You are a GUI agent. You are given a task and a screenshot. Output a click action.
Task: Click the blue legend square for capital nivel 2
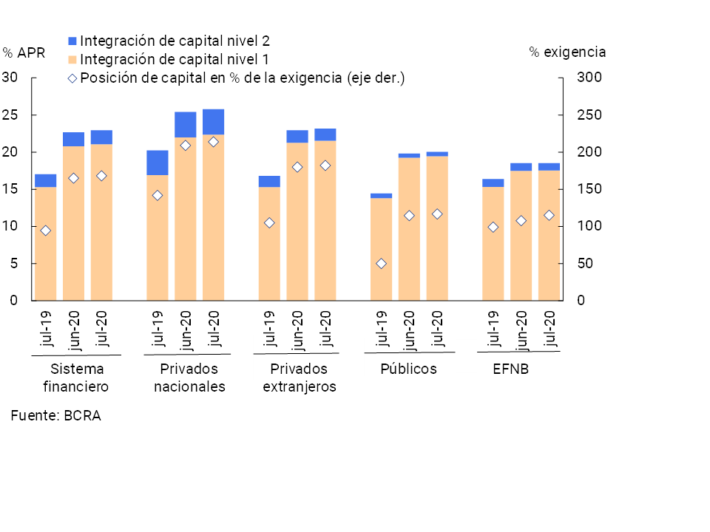coord(72,40)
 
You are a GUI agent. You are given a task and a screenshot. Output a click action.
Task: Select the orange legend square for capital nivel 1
coord(72,59)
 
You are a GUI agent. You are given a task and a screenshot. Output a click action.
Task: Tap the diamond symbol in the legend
coord(72,78)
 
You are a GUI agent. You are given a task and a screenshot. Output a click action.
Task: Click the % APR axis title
coord(24,52)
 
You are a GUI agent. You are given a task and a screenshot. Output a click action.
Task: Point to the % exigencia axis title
coord(567,52)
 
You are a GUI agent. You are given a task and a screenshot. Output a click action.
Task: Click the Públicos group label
coord(408,369)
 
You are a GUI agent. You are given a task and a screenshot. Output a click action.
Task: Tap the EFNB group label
coord(510,369)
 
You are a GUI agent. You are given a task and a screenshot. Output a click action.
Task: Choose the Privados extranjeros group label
coord(299,378)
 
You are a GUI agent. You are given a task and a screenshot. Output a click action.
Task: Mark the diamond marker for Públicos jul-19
coord(381,264)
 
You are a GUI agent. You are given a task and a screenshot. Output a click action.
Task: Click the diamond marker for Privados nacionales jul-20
coord(213,142)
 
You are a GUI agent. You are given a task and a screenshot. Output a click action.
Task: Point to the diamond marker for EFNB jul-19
coord(493,227)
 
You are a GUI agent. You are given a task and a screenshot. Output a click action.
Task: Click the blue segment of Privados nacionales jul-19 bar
coord(157,163)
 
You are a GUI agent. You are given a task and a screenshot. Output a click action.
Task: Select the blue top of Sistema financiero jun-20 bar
coord(73,139)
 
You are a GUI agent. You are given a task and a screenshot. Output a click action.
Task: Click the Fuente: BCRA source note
coord(55,415)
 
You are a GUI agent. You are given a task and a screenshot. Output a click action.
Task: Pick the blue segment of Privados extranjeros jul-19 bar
coord(269,181)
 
